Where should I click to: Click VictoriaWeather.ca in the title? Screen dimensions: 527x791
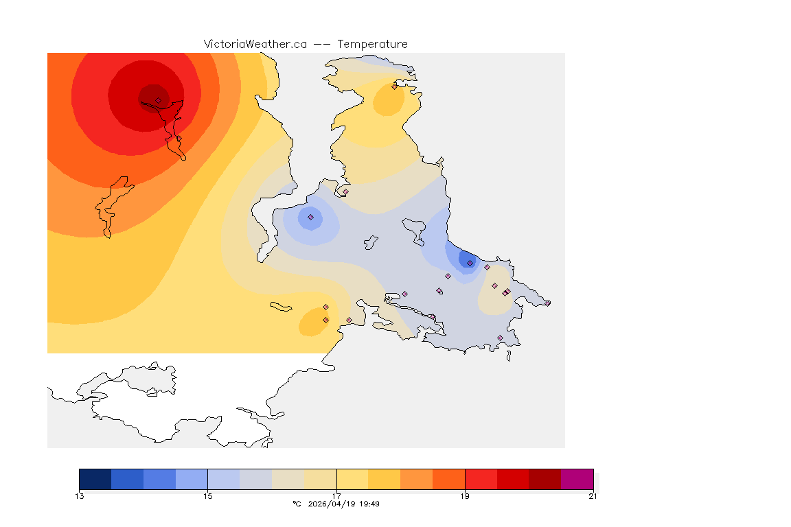pos(255,44)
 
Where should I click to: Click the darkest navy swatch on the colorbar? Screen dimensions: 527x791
pos(95,479)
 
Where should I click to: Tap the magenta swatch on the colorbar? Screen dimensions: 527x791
pos(577,479)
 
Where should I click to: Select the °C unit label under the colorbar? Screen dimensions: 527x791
pos(297,504)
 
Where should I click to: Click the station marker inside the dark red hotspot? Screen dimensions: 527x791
pos(158,100)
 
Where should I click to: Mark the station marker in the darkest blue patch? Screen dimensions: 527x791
pos(470,263)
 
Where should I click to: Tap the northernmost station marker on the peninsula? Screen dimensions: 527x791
pos(394,86)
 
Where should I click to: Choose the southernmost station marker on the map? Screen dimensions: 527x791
pos(500,338)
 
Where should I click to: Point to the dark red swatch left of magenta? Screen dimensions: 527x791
pos(545,479)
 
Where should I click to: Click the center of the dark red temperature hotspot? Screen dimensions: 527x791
pos(154,95)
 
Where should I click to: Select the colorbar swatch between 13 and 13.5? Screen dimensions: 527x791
pos(95,479)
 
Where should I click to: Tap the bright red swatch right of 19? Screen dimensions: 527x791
pos(481,479)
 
